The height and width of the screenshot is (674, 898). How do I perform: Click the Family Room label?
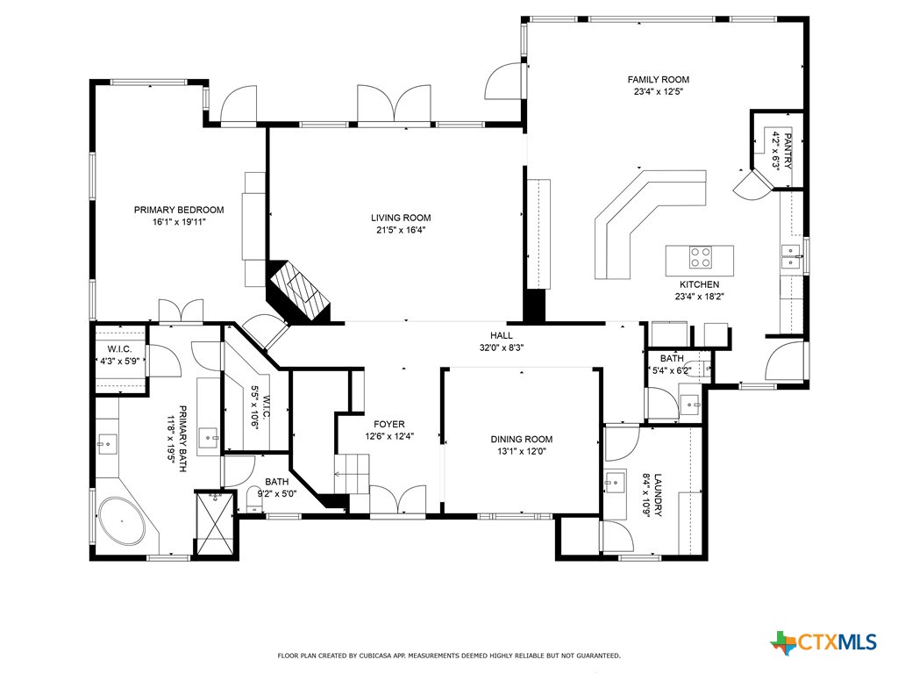[x=658, y=80]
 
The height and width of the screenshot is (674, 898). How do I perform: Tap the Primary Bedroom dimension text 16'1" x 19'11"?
[x=178, y=222]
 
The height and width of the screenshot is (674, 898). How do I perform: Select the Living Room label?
[x=401, y=218]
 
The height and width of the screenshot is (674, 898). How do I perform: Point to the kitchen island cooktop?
[x=701, y=257]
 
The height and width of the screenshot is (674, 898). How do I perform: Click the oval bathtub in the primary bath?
[x=123, y=524]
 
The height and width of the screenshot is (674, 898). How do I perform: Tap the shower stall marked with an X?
[x=215, y=524]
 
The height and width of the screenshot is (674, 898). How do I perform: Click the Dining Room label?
[x=521, y=440]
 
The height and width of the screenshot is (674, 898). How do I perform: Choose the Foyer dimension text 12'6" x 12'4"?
[x=389, y=436]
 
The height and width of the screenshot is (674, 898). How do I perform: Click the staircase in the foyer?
[x=352, y=475]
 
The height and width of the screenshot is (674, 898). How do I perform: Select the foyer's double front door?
[x=399, y=500]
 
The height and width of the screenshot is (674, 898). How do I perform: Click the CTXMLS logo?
[x=823, y=642]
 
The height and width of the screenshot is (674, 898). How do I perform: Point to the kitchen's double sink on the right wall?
[x=792, y=257]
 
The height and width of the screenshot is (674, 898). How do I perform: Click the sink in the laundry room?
[x=614, y=482]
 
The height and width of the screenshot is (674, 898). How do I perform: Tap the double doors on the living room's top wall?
[x=395, y=104]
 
